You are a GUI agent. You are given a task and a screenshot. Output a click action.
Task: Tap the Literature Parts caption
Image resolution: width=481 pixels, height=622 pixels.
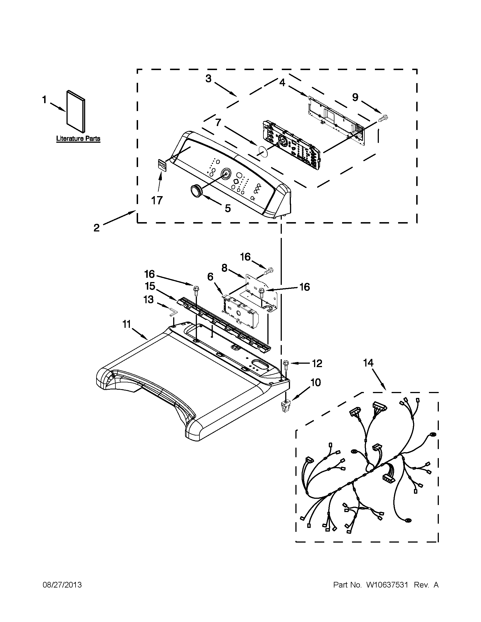(78, 139)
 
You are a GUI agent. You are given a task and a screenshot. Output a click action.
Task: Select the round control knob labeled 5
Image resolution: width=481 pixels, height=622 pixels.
(196, 190)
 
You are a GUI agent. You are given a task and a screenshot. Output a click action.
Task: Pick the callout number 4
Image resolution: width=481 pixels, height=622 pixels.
(282, 83)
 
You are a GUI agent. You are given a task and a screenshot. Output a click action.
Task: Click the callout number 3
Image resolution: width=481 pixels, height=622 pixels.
(209, 78)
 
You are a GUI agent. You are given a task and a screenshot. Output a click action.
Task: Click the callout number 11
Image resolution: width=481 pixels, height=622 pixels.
(126, 324)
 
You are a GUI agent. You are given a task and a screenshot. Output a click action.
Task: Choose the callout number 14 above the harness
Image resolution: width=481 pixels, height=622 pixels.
(368, 363)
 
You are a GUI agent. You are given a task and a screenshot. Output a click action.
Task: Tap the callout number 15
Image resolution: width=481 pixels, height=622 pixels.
(150, 286)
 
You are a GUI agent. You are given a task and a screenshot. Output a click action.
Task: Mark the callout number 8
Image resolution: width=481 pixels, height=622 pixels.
(224, 268)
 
